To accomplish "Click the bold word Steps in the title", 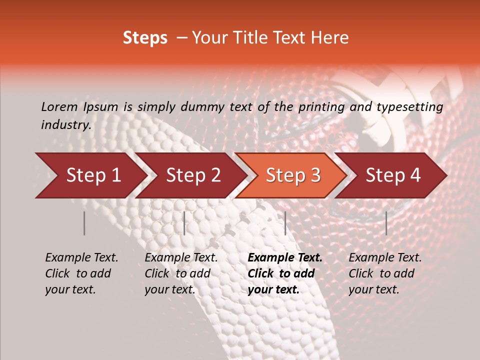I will point(145,38).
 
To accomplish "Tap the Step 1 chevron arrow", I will point(90,175).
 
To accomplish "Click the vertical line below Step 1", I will point(84,223).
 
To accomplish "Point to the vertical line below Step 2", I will point(184,223).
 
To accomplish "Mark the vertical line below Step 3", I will point(285,223).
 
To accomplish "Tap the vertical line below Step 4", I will point(386,223).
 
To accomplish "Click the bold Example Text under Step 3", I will point(285,258).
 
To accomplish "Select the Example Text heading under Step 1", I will point(81,258).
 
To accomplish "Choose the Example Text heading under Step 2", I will point(181,258).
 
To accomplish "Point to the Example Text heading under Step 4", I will point(385,258).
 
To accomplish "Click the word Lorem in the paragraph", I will point(59,107).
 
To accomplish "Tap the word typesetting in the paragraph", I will point(409,107).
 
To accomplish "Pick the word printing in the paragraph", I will point(321,107).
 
